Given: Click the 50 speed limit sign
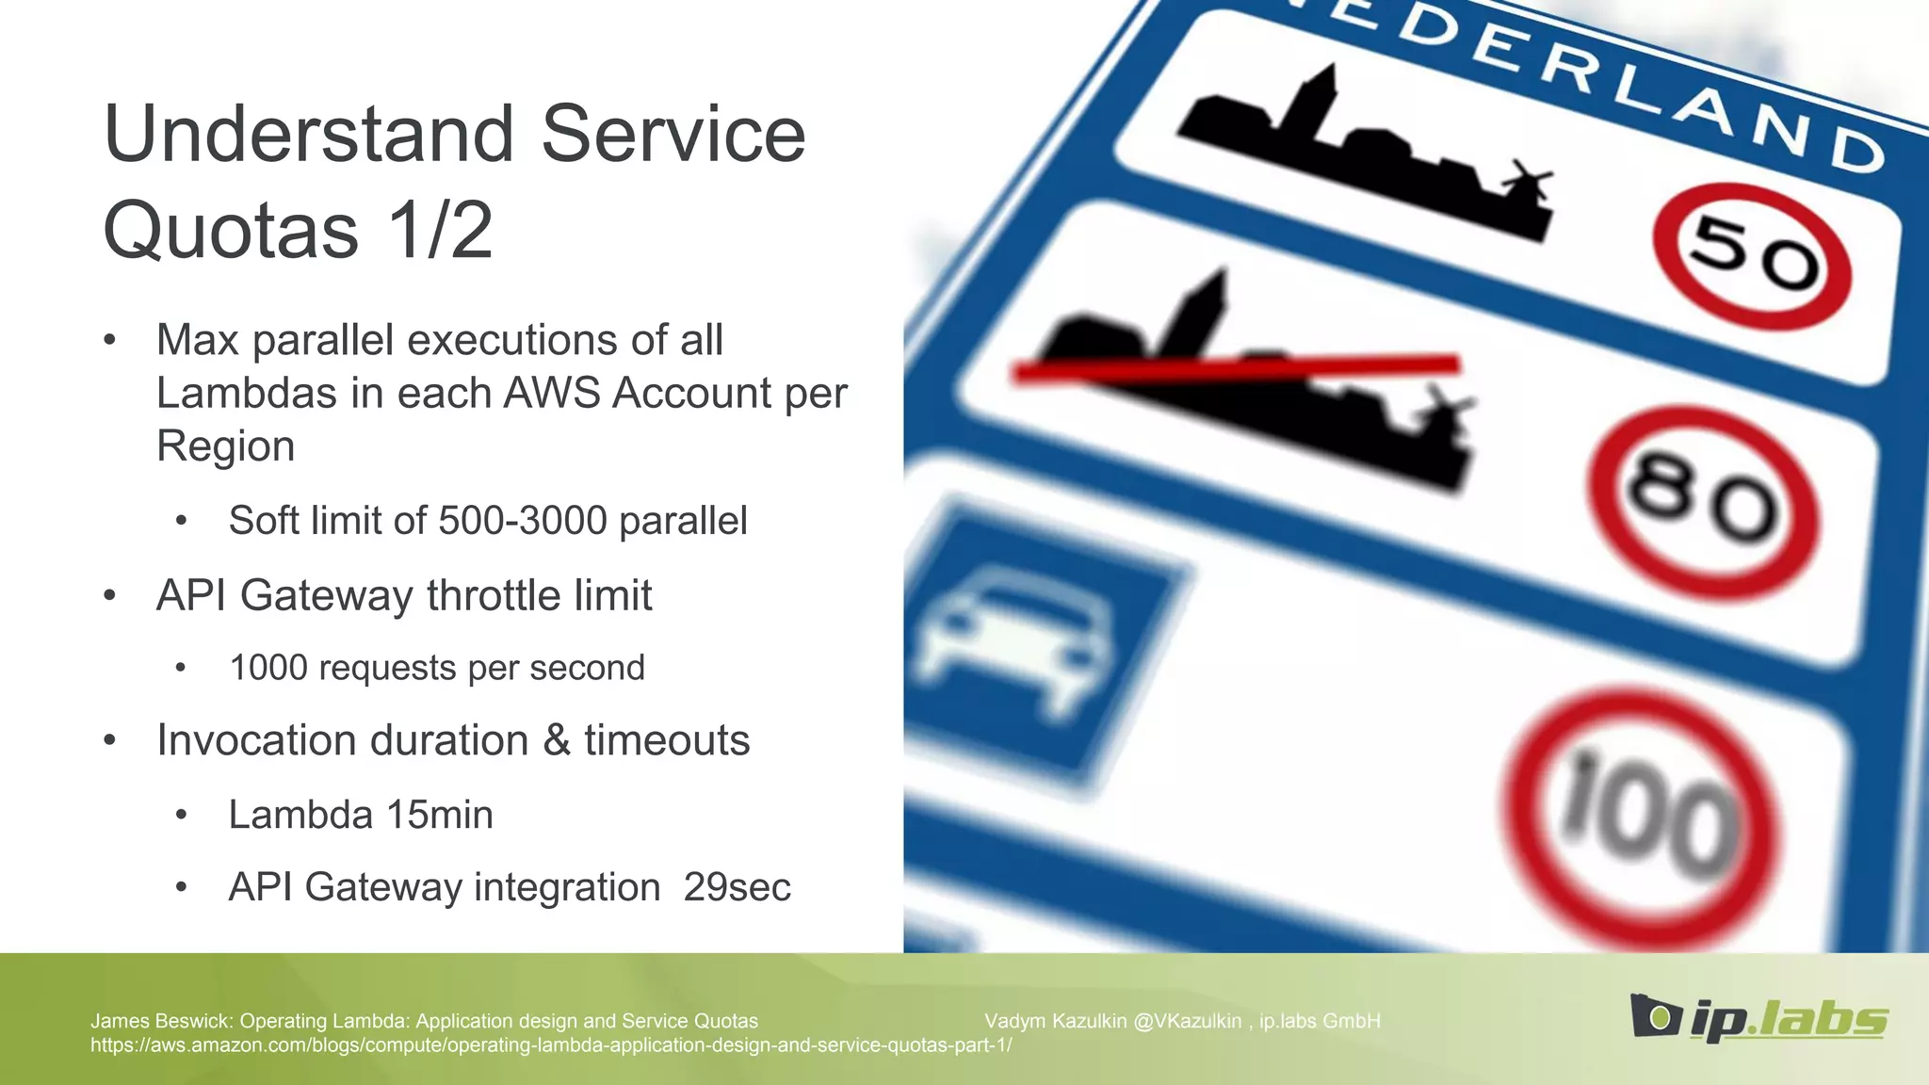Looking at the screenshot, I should coord(1752,255).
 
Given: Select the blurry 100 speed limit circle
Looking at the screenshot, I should coord(1644,818).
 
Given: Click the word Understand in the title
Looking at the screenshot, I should coord(311,134).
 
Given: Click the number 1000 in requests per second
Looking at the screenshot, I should coord(268,668).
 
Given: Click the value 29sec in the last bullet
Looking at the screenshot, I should coord(737,887).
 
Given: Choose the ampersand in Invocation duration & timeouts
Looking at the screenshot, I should coord(556,740).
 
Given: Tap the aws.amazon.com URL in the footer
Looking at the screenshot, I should coord(551,1045).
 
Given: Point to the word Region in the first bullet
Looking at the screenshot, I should coord(225,446).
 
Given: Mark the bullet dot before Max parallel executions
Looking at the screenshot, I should coord(110,340).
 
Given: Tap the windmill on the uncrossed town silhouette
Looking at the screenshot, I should coord(1523,181).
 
